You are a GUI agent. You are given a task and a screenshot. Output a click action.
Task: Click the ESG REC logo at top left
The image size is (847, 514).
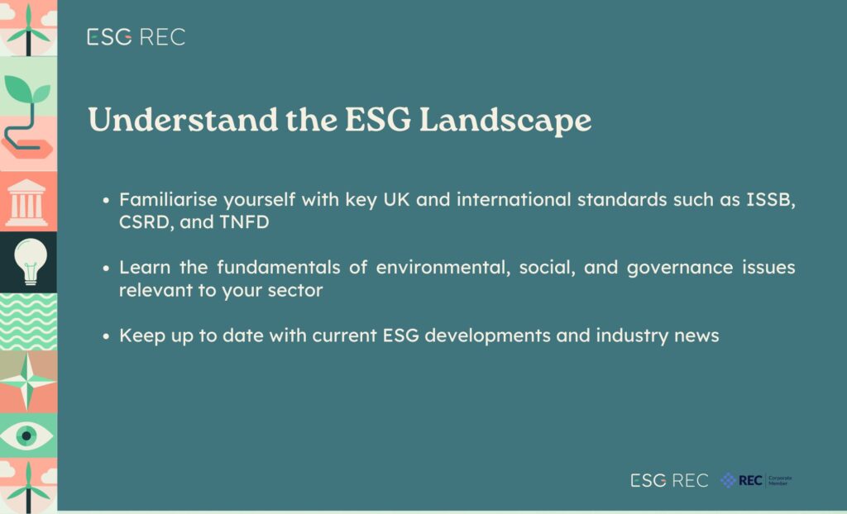136,36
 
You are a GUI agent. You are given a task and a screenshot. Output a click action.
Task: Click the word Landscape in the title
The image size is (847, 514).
505,121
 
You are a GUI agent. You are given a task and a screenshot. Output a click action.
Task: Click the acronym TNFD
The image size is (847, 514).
244,222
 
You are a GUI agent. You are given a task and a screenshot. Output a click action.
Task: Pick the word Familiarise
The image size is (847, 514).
168,199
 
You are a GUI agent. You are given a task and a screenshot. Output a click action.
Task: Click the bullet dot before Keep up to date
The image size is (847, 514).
107,336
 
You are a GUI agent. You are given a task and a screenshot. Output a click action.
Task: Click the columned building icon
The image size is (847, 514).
26,203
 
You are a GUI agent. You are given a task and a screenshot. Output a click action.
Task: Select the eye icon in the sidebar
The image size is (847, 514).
26,435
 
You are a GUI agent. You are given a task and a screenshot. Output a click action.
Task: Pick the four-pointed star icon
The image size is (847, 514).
27,382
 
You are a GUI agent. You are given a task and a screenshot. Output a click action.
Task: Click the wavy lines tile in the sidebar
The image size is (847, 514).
28,321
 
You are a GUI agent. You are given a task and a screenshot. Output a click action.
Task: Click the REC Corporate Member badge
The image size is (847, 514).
756,480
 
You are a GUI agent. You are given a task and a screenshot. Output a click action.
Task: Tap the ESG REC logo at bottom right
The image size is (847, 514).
669,480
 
